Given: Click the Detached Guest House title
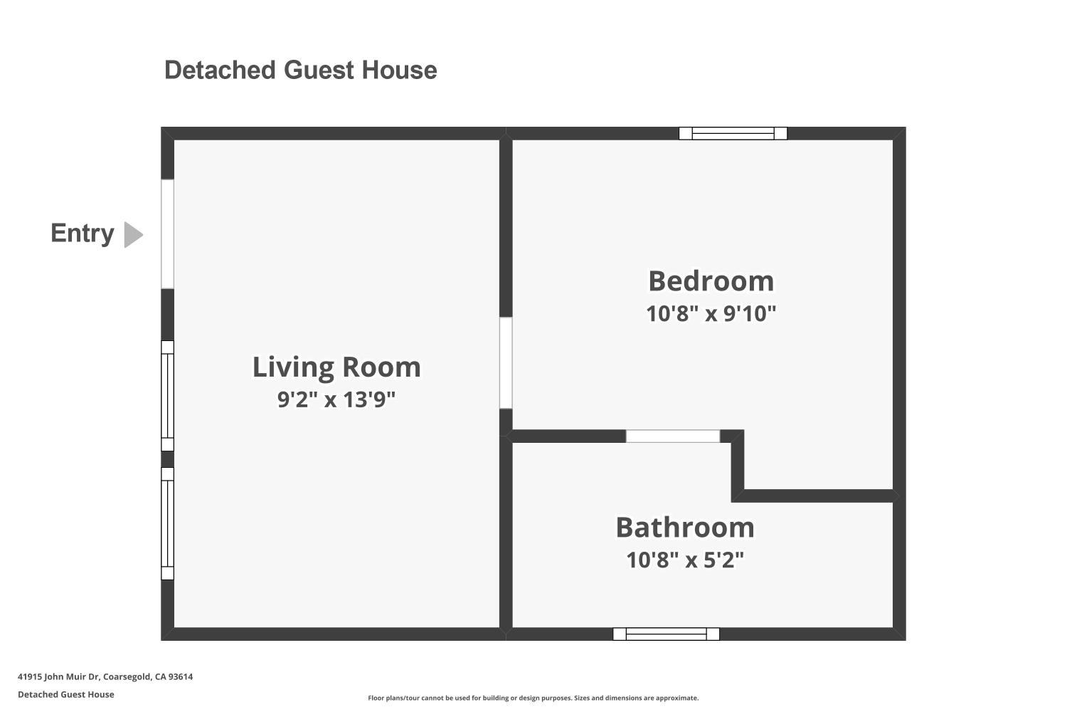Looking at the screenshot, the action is [x=301, y=70].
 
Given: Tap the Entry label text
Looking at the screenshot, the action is [x=83, y=234].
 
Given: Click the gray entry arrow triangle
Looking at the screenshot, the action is [x=134, y=235].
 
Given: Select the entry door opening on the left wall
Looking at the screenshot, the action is [x=167, y=234].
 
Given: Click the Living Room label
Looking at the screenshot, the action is [x=336, y=367].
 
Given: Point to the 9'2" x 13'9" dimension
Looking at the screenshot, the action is [x=336, y=399].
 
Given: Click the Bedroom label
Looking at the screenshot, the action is [x=711, y=281].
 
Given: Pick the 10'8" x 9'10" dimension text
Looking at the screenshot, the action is [x=711, y=313].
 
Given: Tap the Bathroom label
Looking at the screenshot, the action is [x=685, y=528].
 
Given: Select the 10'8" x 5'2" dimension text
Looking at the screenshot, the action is [x=685, y=560].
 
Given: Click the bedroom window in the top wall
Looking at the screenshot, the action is [x=733, y=134].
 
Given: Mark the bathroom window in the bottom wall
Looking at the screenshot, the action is [x=666, y=634].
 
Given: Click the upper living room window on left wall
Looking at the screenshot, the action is [x=167, y=396].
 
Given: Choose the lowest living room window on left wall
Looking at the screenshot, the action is [x=167, y=523].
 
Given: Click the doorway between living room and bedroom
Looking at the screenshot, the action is [x=506, y=363].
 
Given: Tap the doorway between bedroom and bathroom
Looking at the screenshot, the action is [x=673, y=436].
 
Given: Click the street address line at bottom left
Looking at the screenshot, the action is [x=105, y=676].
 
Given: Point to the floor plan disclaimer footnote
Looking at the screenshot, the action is [x=533, y=698].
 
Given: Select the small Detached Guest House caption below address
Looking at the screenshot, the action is [x=65, y=694].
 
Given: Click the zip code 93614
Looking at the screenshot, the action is [x=181, y=676].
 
